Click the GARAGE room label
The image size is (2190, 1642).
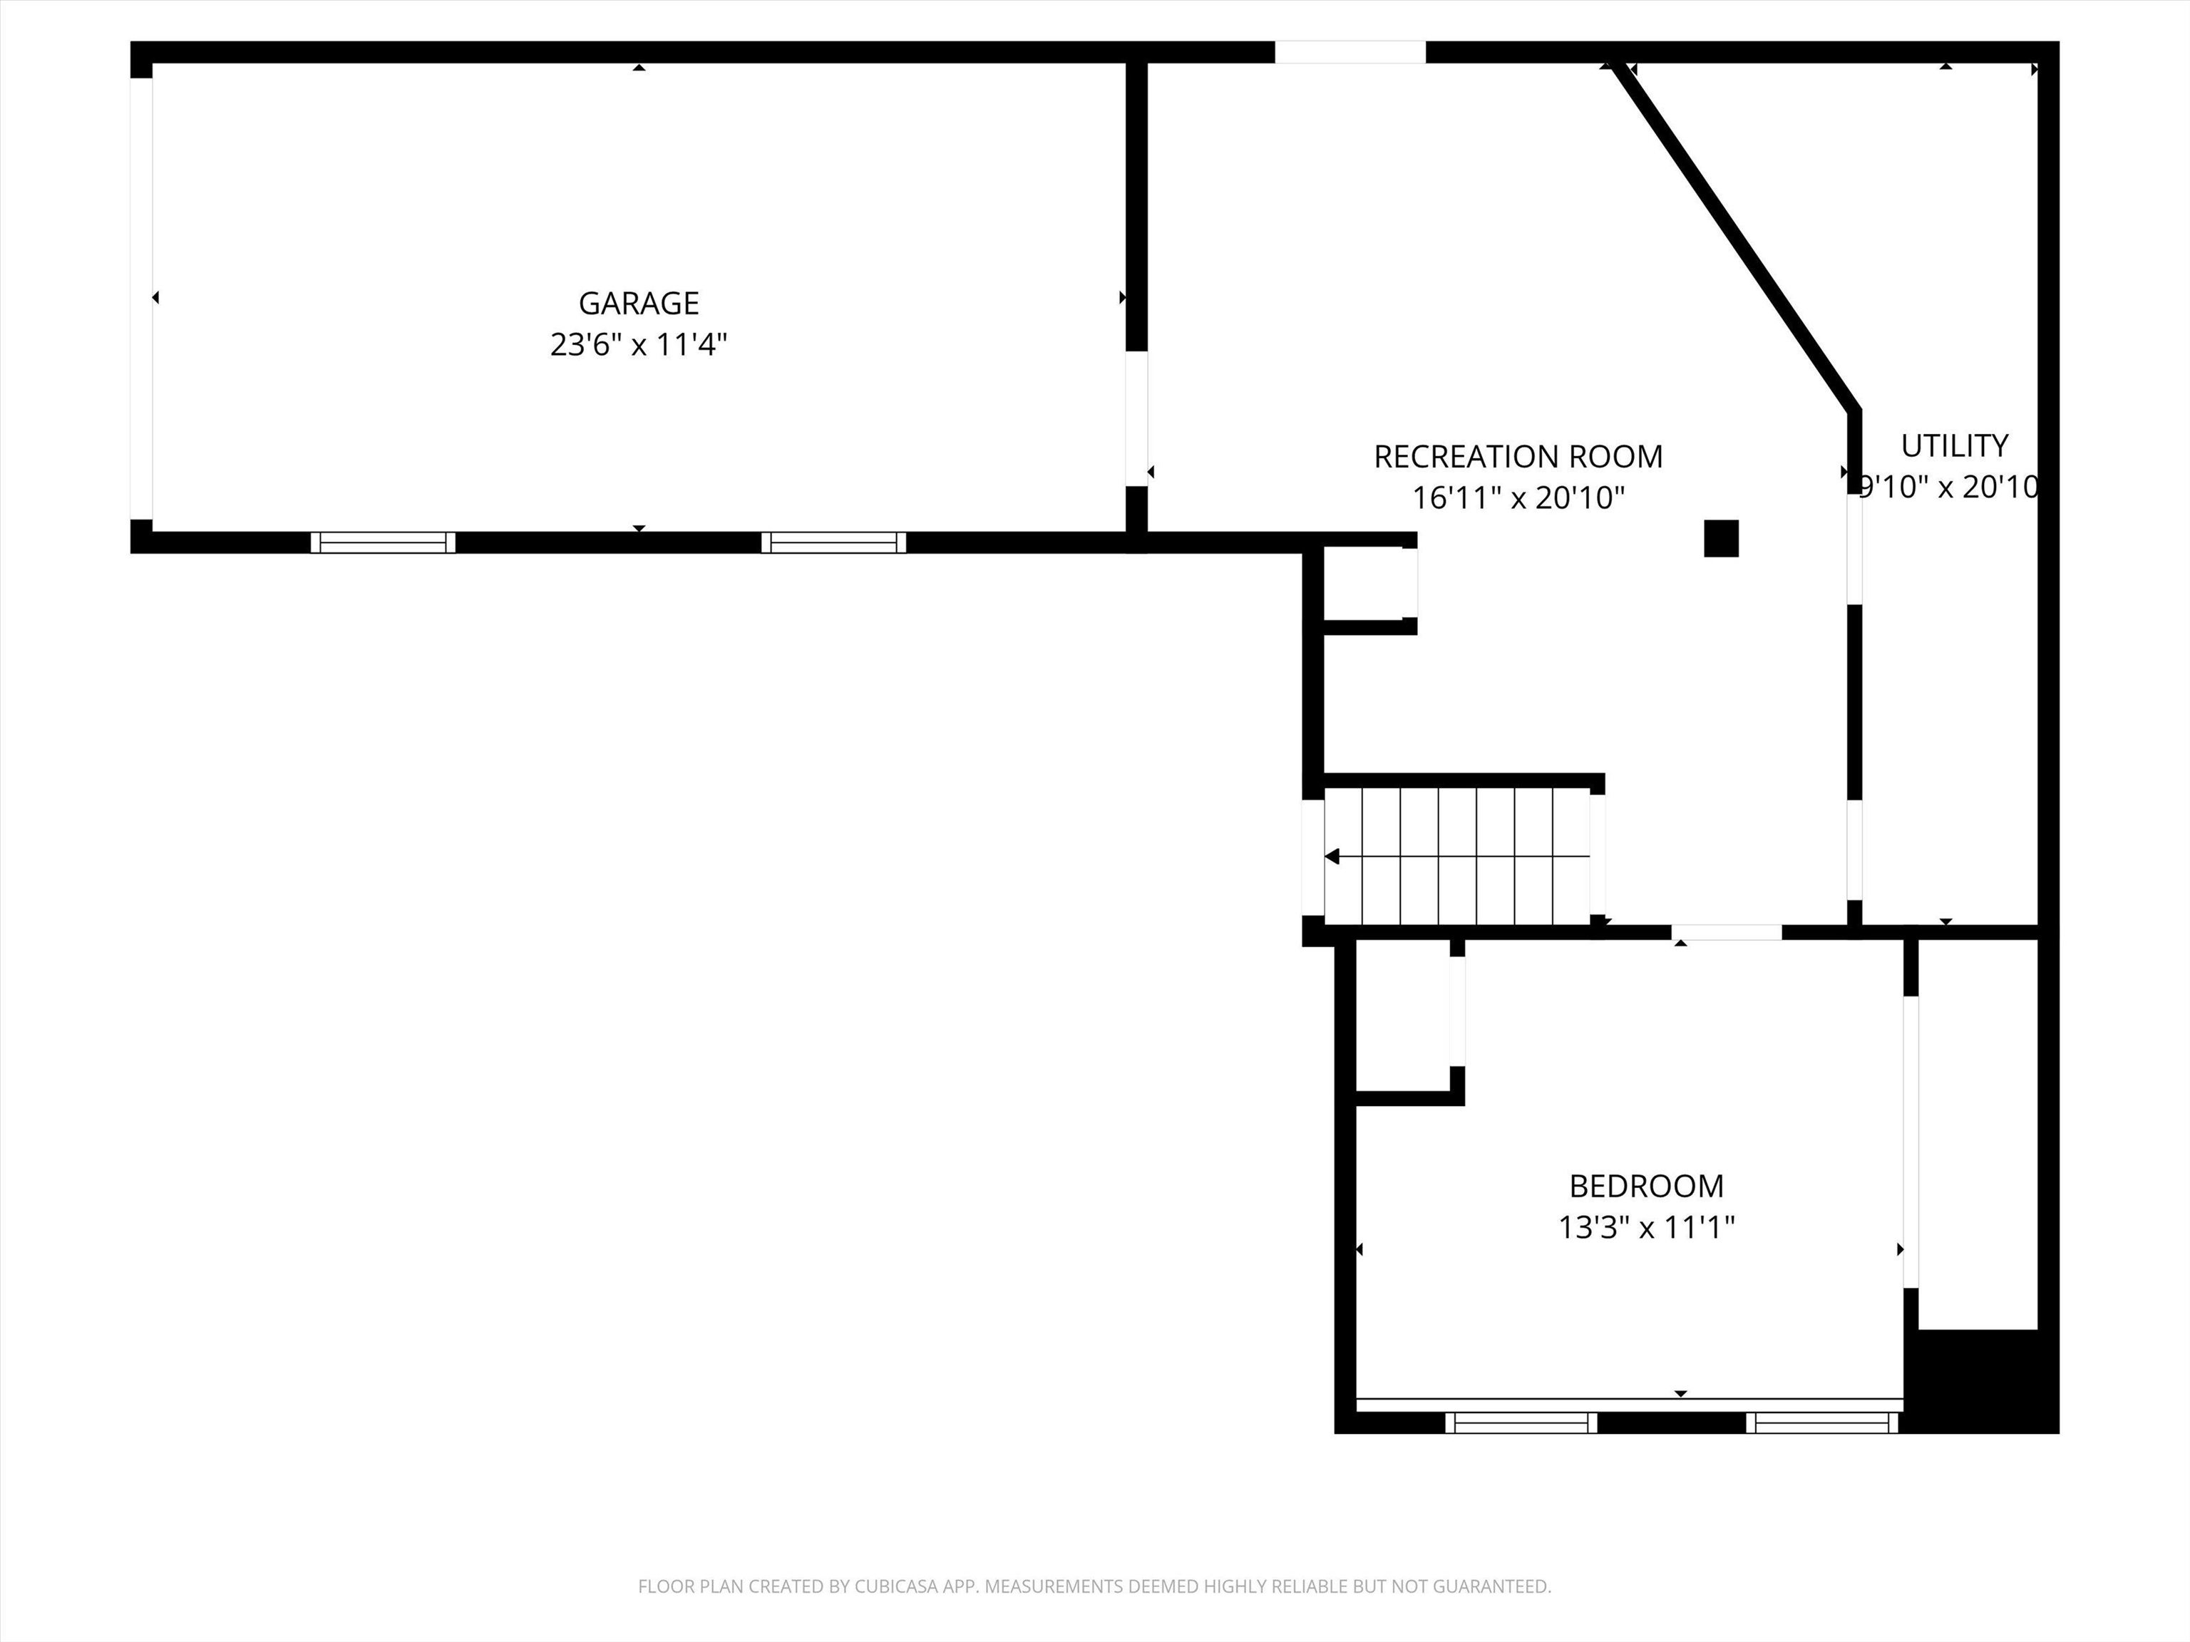639,303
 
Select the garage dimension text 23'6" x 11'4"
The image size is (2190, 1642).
639,344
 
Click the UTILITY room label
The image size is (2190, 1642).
1953,445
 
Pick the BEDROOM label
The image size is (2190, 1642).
1645,1186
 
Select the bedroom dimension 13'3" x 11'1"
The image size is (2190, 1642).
1645,1227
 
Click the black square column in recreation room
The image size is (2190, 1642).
1721,539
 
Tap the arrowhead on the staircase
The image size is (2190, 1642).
1332,856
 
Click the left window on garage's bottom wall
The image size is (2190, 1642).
383,542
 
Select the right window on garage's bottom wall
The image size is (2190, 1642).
833,542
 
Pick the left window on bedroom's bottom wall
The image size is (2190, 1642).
1521,1422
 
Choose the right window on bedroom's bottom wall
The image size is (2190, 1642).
1821,1422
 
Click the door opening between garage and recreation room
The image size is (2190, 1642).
1136,418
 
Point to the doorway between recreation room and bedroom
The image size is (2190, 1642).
1727,931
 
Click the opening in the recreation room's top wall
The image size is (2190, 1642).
1350,51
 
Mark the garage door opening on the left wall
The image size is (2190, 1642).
142,298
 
